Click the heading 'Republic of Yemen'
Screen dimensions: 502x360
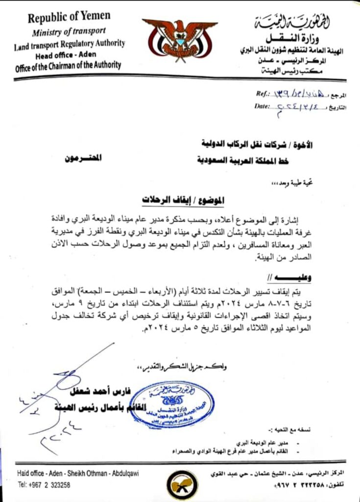coord(69,17)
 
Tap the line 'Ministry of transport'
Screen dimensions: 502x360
coord(69,32)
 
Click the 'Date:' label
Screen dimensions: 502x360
coord(263,105)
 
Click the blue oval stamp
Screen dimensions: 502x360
coord(171,405)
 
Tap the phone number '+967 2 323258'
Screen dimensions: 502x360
coord(44,484)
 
